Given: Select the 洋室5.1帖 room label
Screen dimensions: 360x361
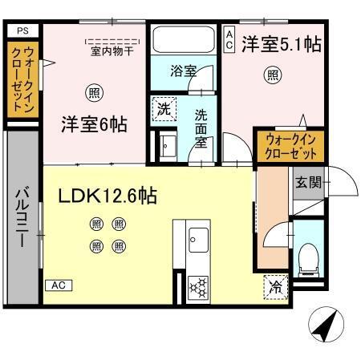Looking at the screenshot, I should coord(282,44).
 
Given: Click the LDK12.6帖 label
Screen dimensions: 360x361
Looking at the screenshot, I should coord(106,195).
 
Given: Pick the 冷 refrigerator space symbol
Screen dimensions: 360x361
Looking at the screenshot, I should coord(274,285).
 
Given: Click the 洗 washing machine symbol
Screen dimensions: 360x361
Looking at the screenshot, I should coord(164,109).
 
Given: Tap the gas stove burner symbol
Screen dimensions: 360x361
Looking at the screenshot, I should coord(197,285).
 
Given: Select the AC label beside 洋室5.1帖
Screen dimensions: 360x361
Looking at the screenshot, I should coord(229,40).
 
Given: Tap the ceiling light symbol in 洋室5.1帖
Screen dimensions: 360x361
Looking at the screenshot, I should coord(273,75).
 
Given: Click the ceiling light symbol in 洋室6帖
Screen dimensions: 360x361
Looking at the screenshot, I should coord(94,92).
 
